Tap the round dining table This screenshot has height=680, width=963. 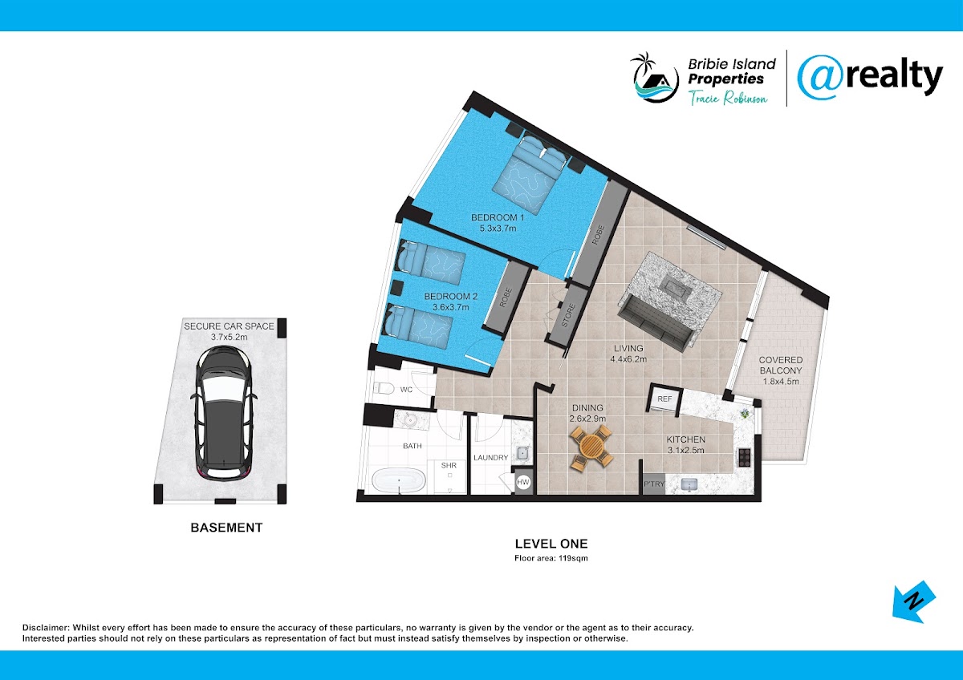click(591, 447)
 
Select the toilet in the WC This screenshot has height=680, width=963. click(383, 388)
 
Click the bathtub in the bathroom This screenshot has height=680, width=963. click(399, 480)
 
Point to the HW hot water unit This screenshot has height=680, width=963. click(522, 482)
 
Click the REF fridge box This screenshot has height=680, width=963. click(664, 399)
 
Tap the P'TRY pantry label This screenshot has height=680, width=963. click(654, 484)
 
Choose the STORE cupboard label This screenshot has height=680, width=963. click(568, 315)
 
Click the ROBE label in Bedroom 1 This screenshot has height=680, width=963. click(598, 235)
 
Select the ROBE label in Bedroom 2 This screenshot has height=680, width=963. click(506, 297)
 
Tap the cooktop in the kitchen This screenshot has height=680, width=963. click(745, 458)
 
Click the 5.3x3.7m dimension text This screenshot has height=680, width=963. click(498, 229)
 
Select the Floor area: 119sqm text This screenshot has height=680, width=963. click(551, 558)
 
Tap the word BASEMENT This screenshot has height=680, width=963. click(226, 528)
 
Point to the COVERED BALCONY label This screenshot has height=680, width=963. click(781, 365)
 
